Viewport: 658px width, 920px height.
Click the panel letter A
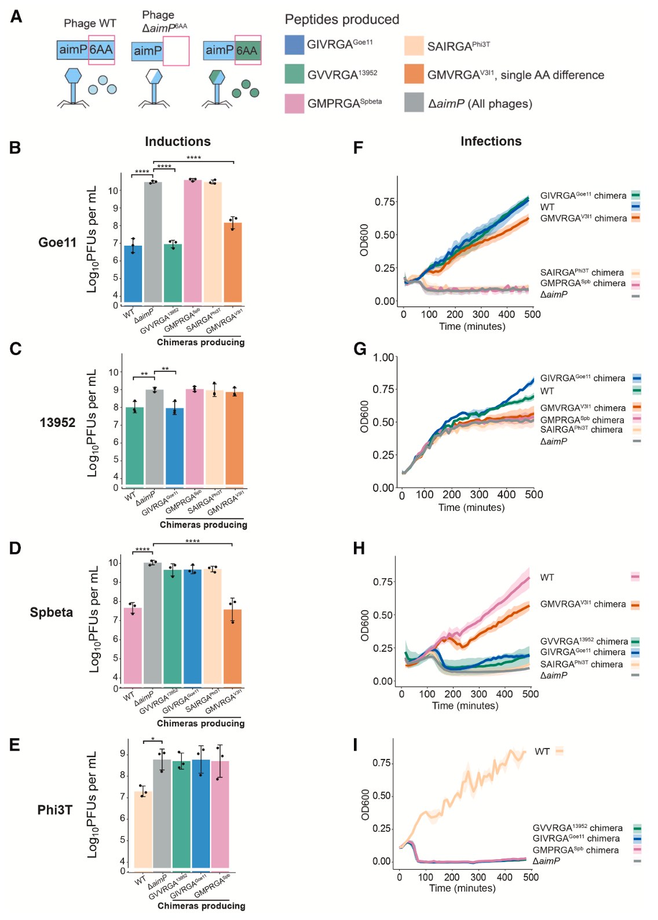coord(16,16)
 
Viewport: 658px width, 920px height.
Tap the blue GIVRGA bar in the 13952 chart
coord(174,446)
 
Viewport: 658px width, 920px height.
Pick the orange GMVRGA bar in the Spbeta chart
coord(232,646)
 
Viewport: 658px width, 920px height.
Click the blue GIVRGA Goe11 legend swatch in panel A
coord(294,45)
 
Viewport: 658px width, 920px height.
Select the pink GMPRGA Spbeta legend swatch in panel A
coord(294,103)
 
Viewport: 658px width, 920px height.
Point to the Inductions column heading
coord(177,142)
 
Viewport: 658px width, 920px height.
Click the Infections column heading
coord(491,141)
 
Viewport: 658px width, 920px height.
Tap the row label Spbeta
coord(52,612)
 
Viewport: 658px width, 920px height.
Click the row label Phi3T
coord(55,810)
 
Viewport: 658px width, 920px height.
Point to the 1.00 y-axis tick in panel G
coord(383,357)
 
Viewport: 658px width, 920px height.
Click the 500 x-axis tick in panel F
coord(532,315)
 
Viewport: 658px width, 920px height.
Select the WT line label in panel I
coord(542,751)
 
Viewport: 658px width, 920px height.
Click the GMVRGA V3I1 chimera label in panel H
coord(583,604)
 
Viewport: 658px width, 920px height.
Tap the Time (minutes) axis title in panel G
coord(471,508)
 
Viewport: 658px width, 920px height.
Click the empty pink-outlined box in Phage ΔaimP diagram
coord(176,51)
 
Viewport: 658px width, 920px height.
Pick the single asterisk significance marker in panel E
coord(153,739)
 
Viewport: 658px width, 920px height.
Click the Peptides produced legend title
coord(342,20)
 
